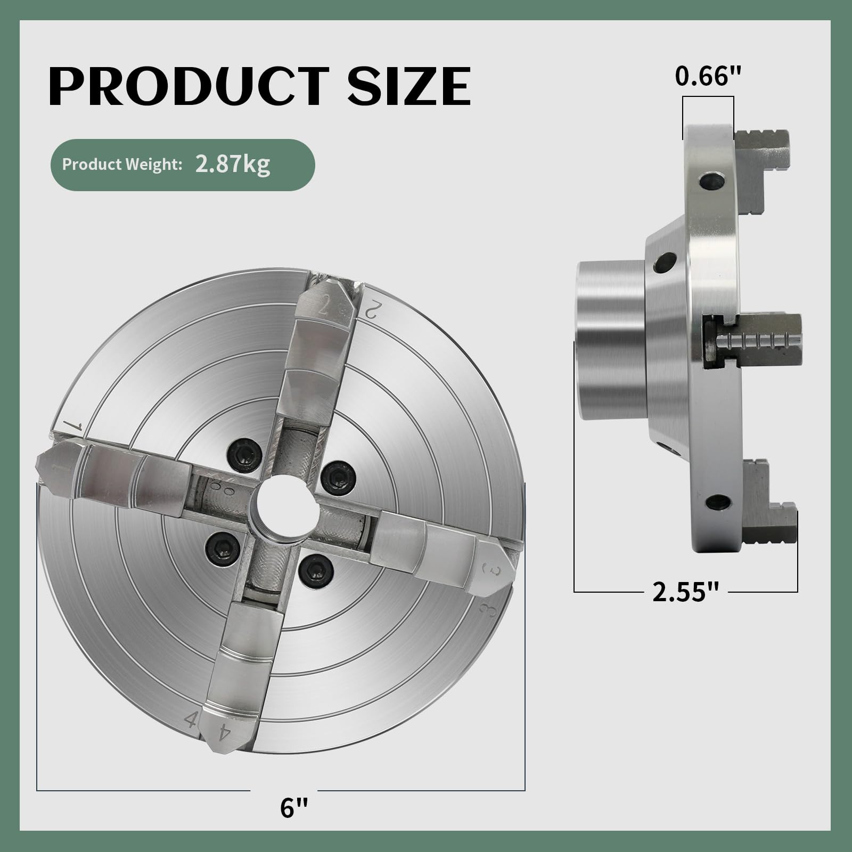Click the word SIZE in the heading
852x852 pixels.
pos(408,86)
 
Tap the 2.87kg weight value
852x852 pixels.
pos(232,164)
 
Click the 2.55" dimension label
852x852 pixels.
pos(686,592)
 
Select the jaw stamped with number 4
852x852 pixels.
pos(242,676)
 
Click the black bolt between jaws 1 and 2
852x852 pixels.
pos(243,455)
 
